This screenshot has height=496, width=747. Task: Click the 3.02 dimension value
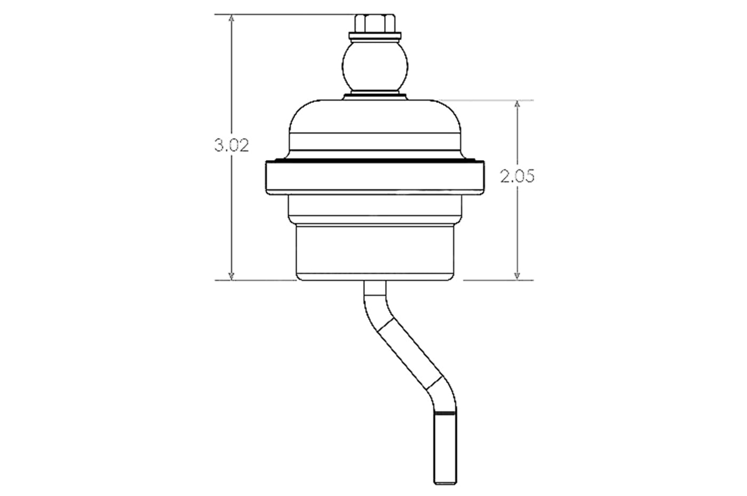(232, 146)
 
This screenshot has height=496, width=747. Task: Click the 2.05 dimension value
(517, 177)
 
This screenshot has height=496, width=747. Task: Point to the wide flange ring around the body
(373, 177)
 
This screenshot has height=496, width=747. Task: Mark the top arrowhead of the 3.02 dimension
(231, 18)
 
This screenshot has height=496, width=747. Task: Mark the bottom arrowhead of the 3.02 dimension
(231, 275)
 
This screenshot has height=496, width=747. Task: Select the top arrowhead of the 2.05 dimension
(517, 105)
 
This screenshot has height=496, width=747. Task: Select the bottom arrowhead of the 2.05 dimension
(517, 275)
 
